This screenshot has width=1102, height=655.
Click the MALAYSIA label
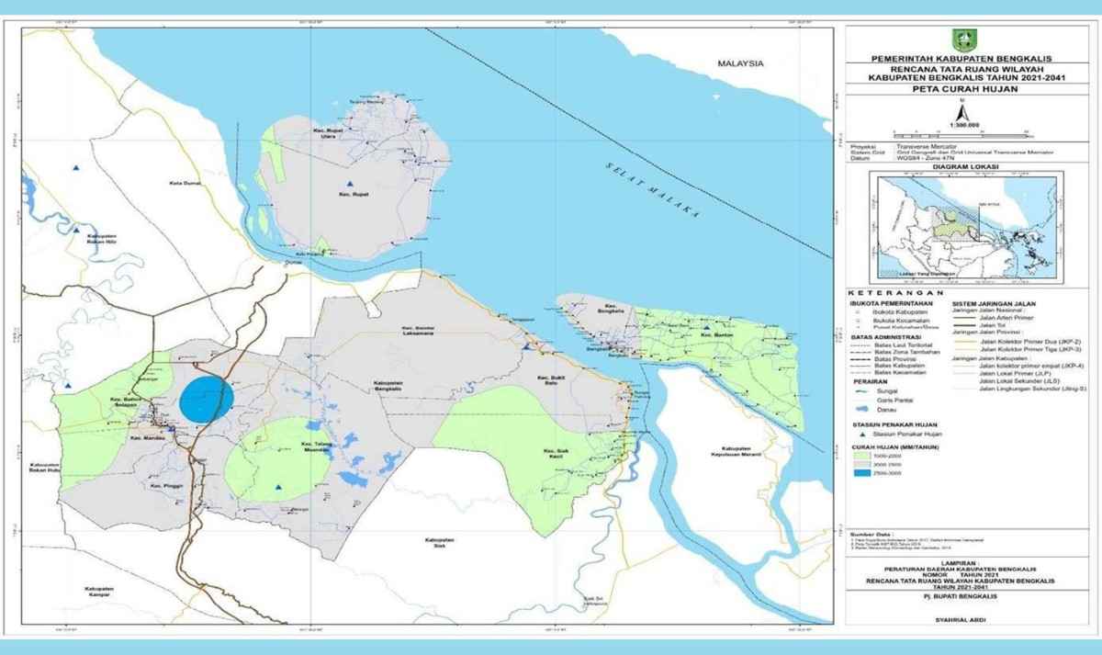[x=743, y=64]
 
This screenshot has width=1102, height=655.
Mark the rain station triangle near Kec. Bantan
[x=706, y=327]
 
